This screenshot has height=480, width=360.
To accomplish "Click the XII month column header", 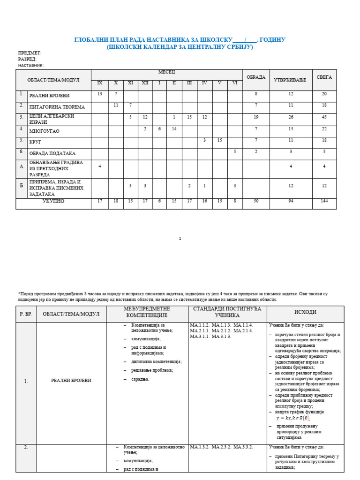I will [145, 83].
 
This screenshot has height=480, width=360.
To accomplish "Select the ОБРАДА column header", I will [256, 77].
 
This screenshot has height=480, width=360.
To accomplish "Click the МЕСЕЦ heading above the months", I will [166, 72].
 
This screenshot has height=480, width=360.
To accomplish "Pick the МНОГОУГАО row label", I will [45, 131].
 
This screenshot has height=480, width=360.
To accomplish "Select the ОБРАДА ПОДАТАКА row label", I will [52, 154].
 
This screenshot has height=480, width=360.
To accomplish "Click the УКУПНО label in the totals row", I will [53, 201].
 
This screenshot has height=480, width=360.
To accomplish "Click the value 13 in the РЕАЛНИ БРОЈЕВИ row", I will [99, 94].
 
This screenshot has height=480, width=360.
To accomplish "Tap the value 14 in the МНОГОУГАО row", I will [174, 128].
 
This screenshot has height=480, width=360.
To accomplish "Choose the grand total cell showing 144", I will [324, 201].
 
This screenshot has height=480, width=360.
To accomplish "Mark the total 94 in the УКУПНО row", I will [291, 201].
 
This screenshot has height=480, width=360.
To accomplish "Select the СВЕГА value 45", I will [324, 117].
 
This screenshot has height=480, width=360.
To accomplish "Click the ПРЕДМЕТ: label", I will [30, 53].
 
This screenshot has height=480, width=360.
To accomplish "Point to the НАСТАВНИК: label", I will [31, 66].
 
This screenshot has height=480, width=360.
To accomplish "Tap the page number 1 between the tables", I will [180, 239].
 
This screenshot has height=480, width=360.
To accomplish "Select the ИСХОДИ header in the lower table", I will [305, 312].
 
